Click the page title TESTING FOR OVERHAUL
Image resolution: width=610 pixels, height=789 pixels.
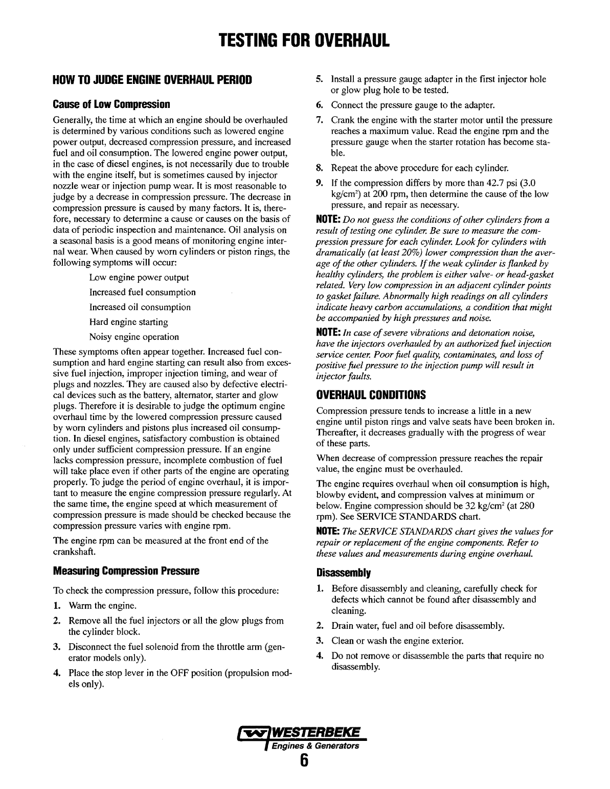tap(305, 39)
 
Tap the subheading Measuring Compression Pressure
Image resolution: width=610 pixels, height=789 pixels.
tap(125, 571)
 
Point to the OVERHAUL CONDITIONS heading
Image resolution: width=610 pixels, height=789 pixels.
tap(371, 395)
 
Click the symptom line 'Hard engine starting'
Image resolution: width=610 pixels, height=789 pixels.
tap(128, 322)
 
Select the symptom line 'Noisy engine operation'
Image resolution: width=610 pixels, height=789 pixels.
tap(134, 337)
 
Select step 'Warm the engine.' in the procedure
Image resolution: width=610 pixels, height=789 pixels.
tap(103, 606)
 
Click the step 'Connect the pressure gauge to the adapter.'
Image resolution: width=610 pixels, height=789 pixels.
tap(413, 105)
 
